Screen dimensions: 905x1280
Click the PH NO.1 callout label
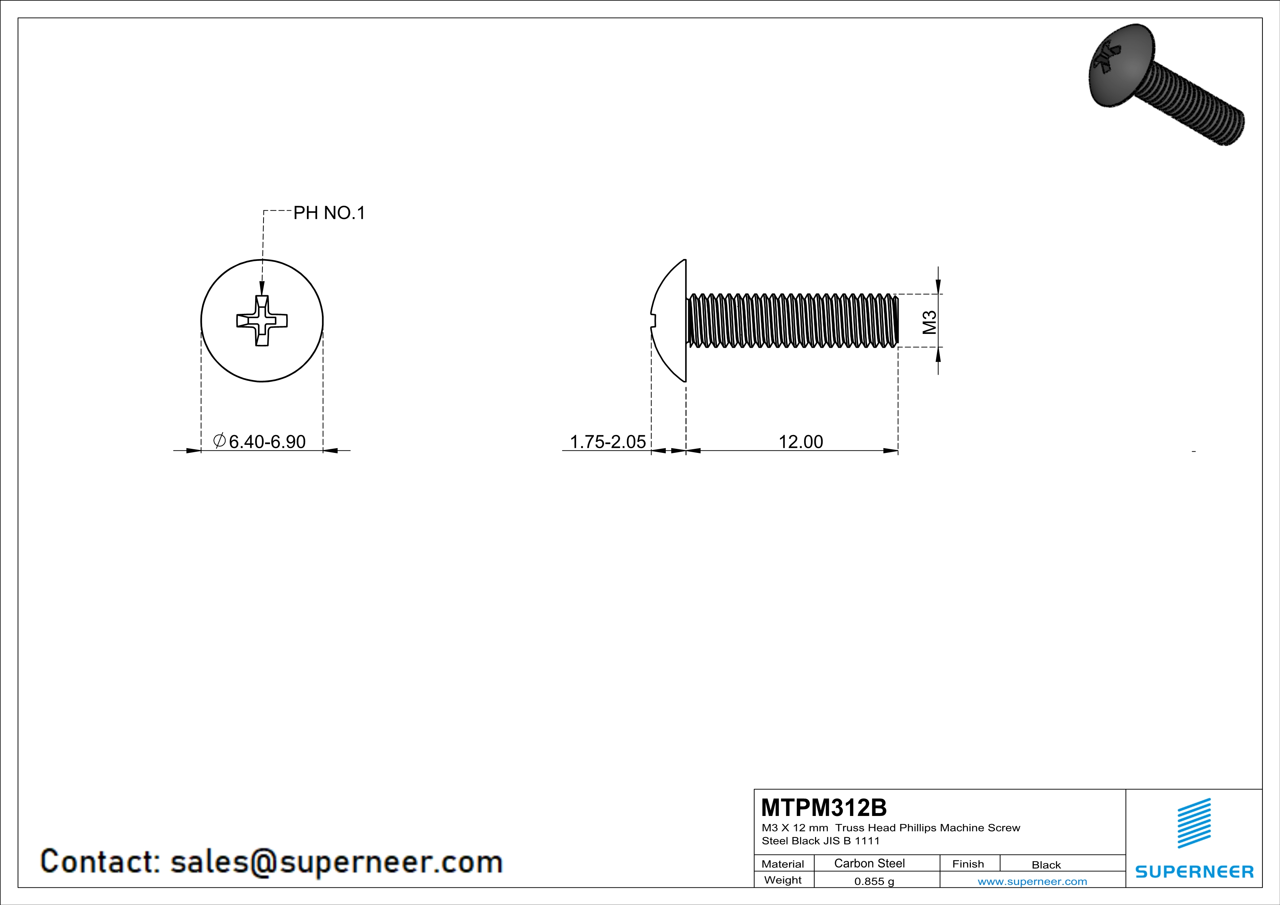329,213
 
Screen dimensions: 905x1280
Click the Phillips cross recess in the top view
262,321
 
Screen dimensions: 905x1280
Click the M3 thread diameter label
929,322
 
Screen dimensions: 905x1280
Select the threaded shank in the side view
792,321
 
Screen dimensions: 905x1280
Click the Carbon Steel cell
869,863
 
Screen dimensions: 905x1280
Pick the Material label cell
783,864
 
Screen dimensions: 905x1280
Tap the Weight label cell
783,880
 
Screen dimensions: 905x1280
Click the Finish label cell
968,864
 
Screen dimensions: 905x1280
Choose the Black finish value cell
1046,865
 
